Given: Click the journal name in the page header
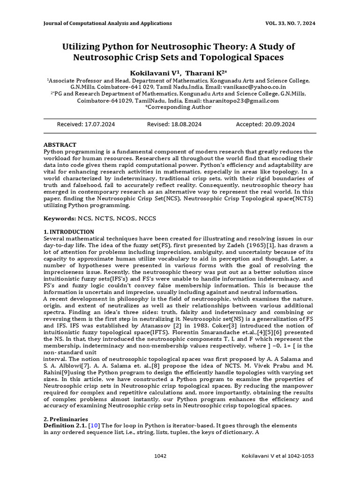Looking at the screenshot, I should click(x=107, y=23).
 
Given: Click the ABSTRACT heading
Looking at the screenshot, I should click(x=60, y=145).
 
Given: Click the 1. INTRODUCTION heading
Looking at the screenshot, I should click(x=68, y=232).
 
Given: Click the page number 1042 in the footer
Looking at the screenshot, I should click(x=160, y=456).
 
